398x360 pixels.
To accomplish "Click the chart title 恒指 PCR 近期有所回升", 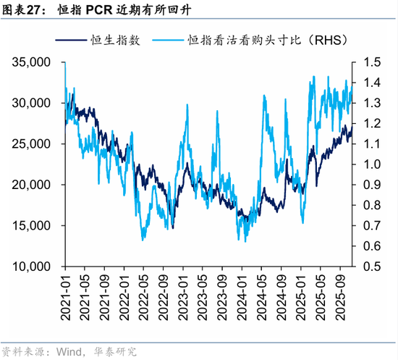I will pos(124,11).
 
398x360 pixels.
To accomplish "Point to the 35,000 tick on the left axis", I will pos(30,63).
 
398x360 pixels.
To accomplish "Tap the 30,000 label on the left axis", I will pos(30,104).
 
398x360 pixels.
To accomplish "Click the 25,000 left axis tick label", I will pos(30,144).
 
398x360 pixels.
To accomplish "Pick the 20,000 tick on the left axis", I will pos(30,185).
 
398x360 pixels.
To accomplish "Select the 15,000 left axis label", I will pos(30,225).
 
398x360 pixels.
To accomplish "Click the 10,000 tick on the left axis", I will pos(30,267).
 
